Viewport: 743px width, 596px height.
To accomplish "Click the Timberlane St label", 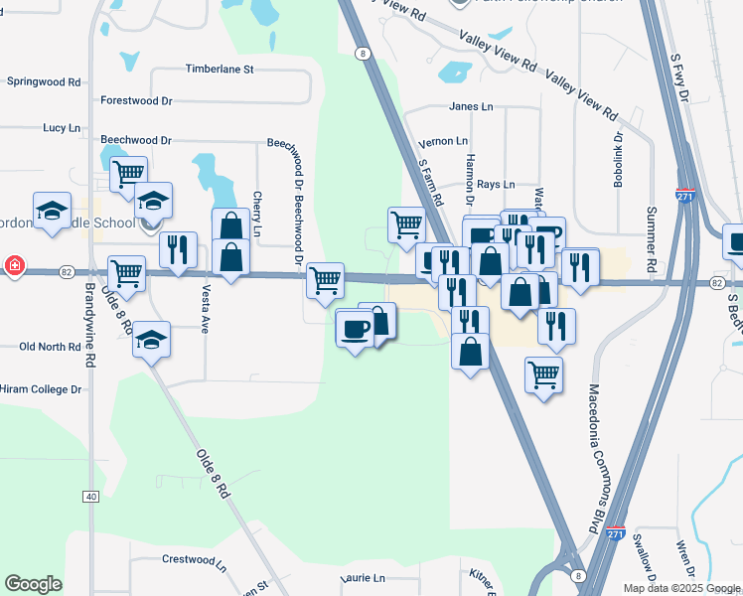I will (x=220, y=70).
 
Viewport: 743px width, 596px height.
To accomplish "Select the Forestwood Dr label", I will (x=136, y=100).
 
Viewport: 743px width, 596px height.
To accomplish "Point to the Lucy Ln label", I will (x=61, y=128).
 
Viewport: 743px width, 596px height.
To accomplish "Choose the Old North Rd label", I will (x=50, y=347).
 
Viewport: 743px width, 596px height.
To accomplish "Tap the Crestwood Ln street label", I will (x=194, y=559).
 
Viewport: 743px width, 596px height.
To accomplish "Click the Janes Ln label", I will (x=471, y=106).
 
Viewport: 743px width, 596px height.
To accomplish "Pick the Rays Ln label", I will (x=496, y=185).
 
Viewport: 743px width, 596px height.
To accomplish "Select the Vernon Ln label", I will (x=443, y=142).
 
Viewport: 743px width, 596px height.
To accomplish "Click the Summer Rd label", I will (x=653, y=240).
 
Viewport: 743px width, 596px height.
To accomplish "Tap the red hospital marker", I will (x=15, y=265).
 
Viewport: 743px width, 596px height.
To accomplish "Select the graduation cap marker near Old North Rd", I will (x=150, y=341).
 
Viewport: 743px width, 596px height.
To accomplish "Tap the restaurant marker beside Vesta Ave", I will (x=178, y=248).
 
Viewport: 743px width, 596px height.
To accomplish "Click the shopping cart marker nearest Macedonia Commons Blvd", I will (x=543, y=374).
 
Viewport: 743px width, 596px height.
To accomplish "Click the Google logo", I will (x=34, y=584).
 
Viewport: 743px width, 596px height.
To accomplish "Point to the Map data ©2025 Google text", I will (x=680, y=588).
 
